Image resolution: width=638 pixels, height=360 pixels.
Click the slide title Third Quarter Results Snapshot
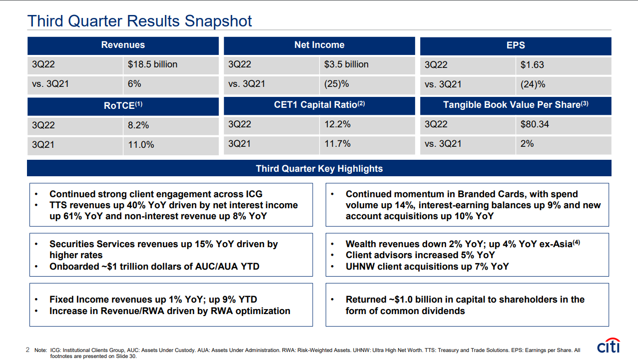pyautogui.click(x=139, y=21)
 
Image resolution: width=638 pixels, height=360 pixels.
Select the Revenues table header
pyautogui.click(x=123, y=45)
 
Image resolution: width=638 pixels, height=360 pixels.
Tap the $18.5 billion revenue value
pyautogui.click(x=152, y=64)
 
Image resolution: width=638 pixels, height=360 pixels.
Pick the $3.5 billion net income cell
pyautogui.click(x=346, y=64)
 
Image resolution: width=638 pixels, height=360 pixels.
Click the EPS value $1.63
pyautogui.click(x=532, y=65)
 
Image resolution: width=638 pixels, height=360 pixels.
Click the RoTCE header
pyautogui.click(x=123, y=105)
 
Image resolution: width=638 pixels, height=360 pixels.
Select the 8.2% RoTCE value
pyautogui.click(x=138, y=125)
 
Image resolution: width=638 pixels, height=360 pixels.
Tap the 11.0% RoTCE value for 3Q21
pyautogui.click(x=141, y=145)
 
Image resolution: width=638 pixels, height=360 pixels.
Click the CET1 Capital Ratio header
pyautogui.click(x=320, y=105)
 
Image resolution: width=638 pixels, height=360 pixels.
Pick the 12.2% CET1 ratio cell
pyautogui.click(x=337, y=124)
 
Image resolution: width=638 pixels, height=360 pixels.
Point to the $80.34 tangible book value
pyautogui.click(x=535, y=124)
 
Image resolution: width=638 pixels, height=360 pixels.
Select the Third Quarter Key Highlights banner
pyautogui.click(x=319, y=168)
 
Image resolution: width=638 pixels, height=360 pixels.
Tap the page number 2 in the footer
pyautogui.click(x=27, y=350)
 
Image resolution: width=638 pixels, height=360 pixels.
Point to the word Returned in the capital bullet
pyautogui.click(x=366, y=300)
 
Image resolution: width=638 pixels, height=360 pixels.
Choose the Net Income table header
pyautogui.click(x=319, y=45)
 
